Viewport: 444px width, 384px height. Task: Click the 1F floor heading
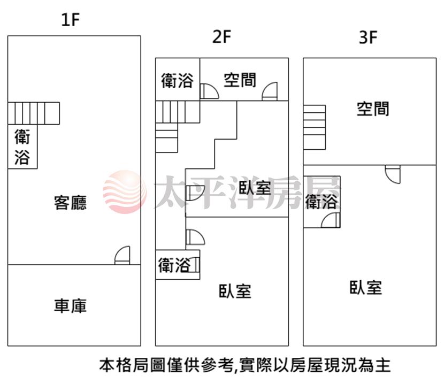point(70,20)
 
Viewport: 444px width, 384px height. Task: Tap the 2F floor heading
point(221,37)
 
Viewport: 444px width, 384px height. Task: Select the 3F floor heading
point(368,37)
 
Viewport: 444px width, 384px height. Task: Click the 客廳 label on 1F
point(70,202)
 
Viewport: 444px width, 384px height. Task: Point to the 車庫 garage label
point(70,306)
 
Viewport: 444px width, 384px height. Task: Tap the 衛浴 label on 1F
point(22,147)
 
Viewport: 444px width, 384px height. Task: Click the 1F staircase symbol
point(34,113)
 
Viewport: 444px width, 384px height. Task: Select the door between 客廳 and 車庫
point(123,256)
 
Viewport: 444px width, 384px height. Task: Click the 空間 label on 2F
point(240,80)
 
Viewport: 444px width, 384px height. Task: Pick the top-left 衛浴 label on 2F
point(178,80)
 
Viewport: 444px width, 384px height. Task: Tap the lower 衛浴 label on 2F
point(174,265)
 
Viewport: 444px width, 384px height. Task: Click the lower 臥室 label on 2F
point(235,291)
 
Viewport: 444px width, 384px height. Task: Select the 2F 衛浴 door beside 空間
point(209,91)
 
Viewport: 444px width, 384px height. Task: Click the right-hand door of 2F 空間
point(270,91)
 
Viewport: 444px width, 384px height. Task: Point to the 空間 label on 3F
point(373,109)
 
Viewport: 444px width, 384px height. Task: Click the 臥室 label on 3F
point(366,287)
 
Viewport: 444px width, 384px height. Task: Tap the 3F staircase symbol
point(315,127)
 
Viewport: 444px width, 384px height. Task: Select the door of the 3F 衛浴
point(331,220)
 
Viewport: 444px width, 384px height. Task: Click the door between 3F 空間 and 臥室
point(393,174)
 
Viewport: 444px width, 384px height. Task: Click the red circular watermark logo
point(125,191)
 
